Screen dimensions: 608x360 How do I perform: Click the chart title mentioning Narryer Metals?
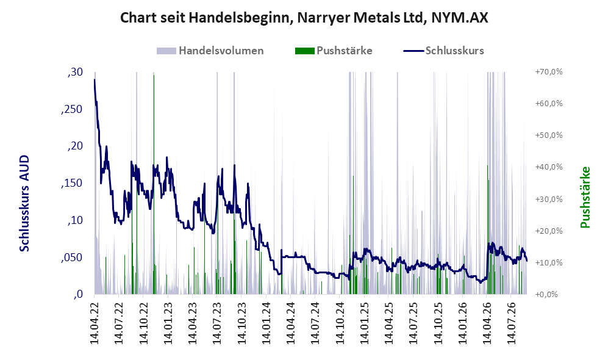(x=304, y=18)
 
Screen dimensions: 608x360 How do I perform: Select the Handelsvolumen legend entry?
(x=210, y=51)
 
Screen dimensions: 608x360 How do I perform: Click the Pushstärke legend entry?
(x=334, y=51)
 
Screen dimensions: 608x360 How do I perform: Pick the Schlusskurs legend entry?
(x=443, y=51)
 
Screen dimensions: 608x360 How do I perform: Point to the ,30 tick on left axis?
(x=75, y=72)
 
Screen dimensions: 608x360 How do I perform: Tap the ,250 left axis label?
(x=72, y=109)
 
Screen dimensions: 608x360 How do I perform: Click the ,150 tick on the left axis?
(x=72, y=184)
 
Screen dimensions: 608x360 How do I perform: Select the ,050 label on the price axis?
(x=72, y=257)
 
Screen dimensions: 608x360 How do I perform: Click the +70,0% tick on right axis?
(x=549, y=72)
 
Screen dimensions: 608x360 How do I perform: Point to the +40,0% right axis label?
(x=549, y=167)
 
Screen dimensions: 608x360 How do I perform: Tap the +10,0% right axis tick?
(x=549, y=262)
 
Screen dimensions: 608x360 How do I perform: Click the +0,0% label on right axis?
(x=547, y=295)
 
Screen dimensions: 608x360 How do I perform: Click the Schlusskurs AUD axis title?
(x=24, y=203)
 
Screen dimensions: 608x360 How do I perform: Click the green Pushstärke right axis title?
(x=585, y=198)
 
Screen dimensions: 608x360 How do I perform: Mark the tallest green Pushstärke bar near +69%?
(x=154, y=184)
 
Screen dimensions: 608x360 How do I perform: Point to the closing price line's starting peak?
(x=95, y=79)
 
